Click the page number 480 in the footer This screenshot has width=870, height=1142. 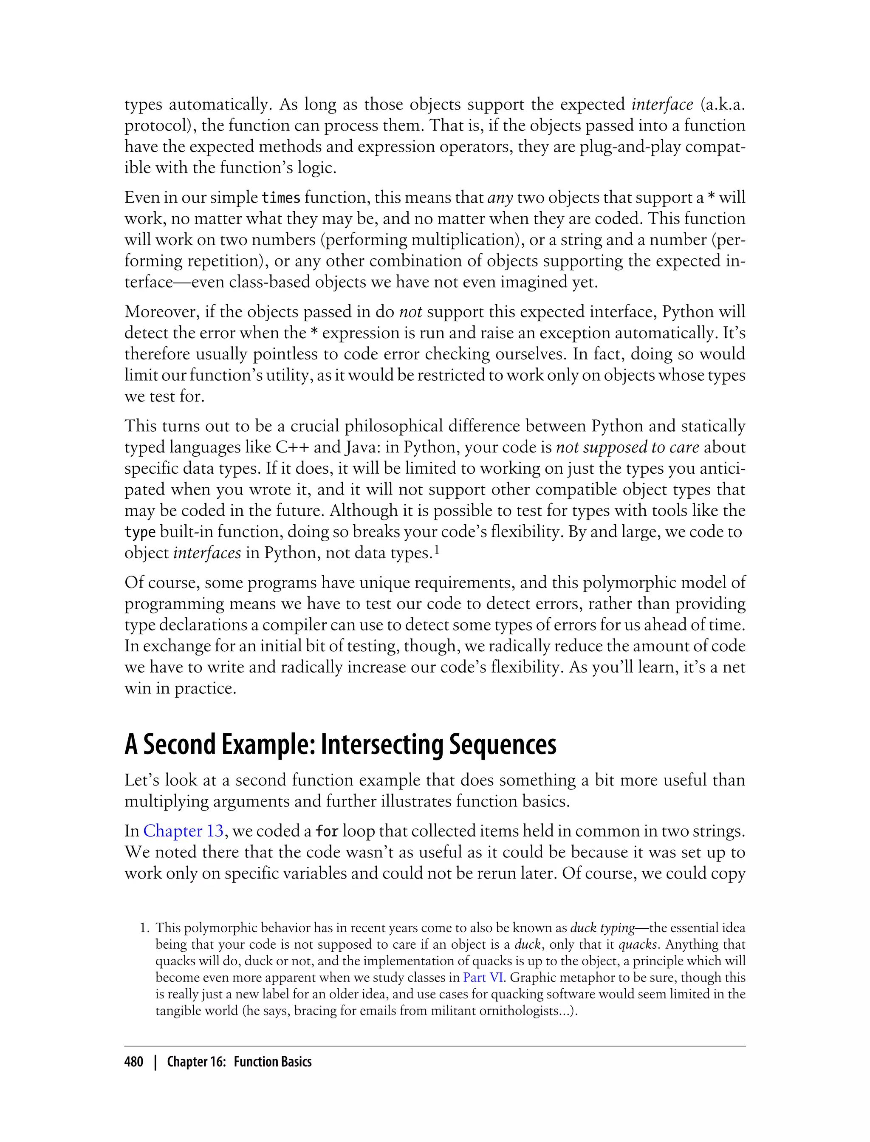(x=134, y=1062)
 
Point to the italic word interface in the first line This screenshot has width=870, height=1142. (x=662, y=104)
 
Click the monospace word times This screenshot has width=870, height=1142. (x=281, y=198)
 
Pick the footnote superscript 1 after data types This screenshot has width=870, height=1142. (x=437, y=551)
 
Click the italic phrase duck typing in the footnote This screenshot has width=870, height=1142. (x=602, y=927)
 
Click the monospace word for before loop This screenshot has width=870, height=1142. (x=327, y=831)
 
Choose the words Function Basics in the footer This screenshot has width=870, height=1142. (x=272, y=1062)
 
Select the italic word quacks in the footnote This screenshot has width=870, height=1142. (x=638, y=944)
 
